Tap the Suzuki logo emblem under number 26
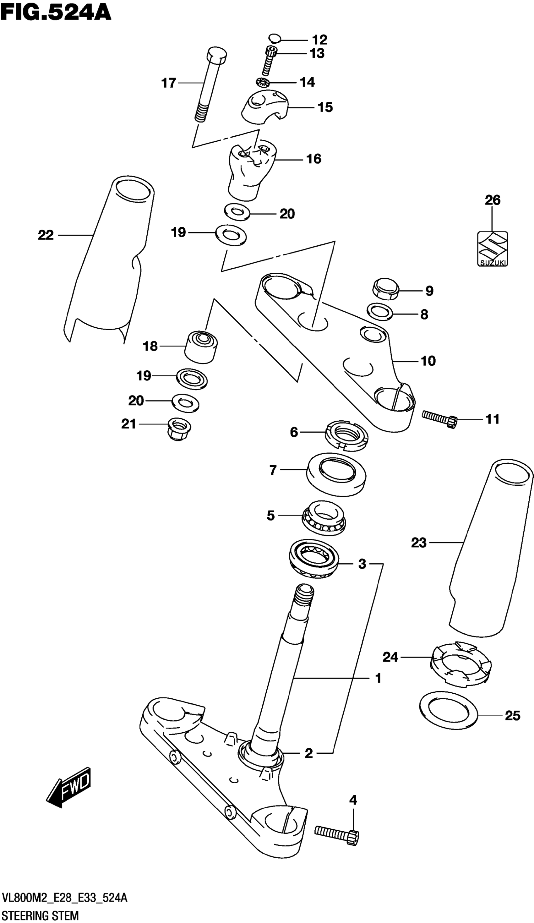tap(492, 248)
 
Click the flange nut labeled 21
tap(178, 429)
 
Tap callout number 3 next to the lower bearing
tap(362, 564)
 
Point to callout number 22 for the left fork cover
tap(46, 235)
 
